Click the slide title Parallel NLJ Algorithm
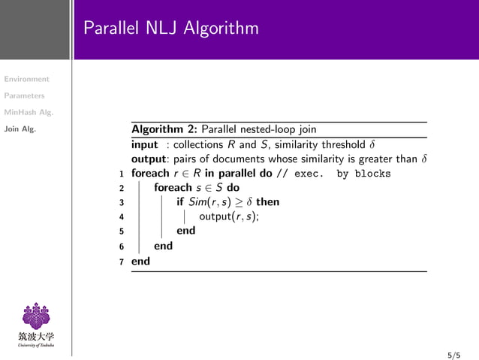coord(171,29)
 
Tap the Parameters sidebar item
coord(23,95)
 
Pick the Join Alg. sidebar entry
coord(18,129)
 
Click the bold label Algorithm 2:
coord(164,129)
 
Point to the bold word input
coord(145,144)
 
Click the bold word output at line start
coord(148,159)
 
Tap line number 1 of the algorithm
coord(122,174)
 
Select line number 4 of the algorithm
coord(122,217)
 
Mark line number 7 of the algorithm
coord(122,261)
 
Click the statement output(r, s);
coord(229,217)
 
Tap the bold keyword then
coord(267,202)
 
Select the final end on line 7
coord(140,261)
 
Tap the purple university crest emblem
coord(36,315)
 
